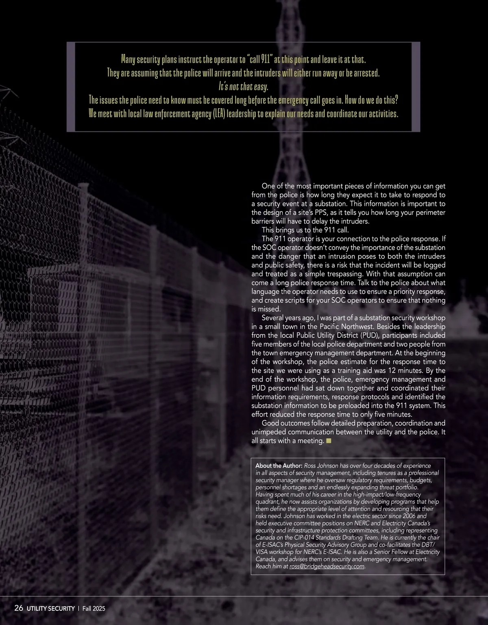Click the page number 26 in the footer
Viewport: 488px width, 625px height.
tap(19, 608)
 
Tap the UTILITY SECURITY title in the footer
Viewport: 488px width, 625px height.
tap(51, 609)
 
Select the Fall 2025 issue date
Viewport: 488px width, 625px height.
tap(94, 609)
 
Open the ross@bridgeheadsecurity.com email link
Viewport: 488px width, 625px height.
tap(327, 566)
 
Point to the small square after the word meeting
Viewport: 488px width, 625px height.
tap(329, 441)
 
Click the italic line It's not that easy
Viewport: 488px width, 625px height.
tap(243, 87)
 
